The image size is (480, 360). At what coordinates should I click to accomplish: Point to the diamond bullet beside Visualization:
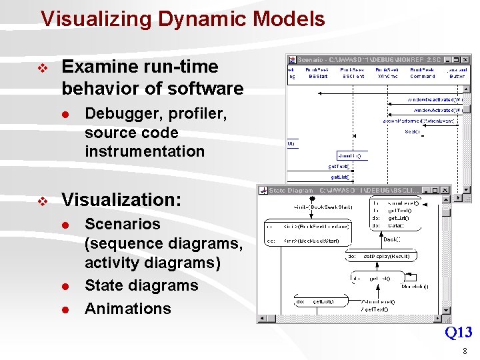click(43, 201)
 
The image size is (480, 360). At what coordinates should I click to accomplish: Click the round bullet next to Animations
click(66, 309)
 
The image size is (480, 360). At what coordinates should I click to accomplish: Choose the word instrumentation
click(145, 151)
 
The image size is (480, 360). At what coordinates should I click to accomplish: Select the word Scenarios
click(123, 224)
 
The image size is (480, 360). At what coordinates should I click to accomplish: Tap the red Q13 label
click(458, 332)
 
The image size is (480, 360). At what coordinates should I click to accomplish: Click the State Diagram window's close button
click(446, 191)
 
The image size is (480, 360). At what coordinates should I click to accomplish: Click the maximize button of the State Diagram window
click(436, 191)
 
